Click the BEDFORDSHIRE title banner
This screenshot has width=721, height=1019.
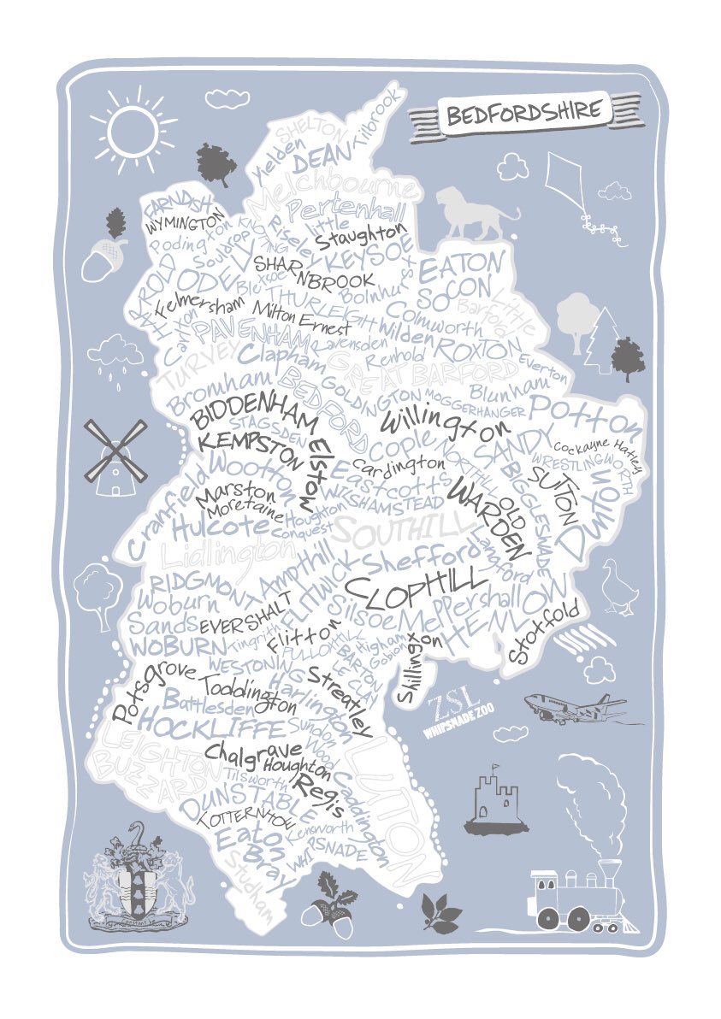pos(524,112)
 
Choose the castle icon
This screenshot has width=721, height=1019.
pos(497,800)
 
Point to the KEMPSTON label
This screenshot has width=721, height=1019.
pos(249,447)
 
